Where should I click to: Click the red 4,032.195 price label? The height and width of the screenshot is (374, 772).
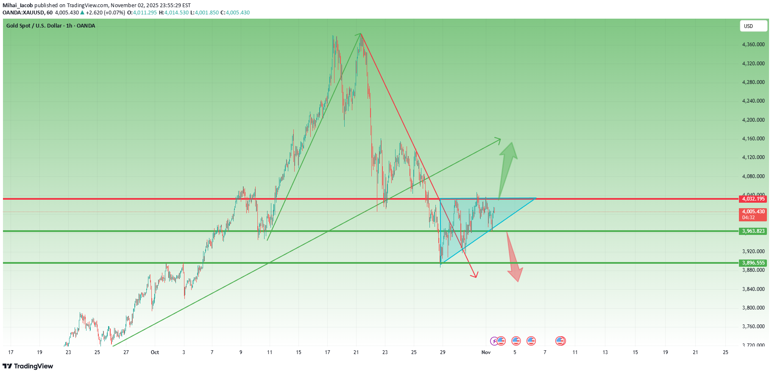[x=753, y=199]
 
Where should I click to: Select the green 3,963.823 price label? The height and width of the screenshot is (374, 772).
[x=753, y=231]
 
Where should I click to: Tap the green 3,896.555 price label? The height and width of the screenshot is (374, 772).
[x=753, y=263]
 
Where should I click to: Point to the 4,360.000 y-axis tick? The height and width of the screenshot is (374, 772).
[x=753, y=45]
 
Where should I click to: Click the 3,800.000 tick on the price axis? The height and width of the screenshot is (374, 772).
[x=753, y=308]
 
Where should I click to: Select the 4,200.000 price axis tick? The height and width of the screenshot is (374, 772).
[x=753, y=120]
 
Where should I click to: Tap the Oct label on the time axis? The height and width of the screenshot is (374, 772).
[x=155, y=352]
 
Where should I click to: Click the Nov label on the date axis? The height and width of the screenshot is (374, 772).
[x=486, y=352]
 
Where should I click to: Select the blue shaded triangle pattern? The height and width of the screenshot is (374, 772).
[x=475, y=220]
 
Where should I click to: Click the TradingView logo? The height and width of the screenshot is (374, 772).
[x=28, y=366]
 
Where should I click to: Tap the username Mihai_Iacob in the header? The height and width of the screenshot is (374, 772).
[x=17, y=6]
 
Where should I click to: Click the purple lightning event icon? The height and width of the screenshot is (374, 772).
[x=494, y=341]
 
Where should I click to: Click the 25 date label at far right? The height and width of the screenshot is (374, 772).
[x=725, y=352]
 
